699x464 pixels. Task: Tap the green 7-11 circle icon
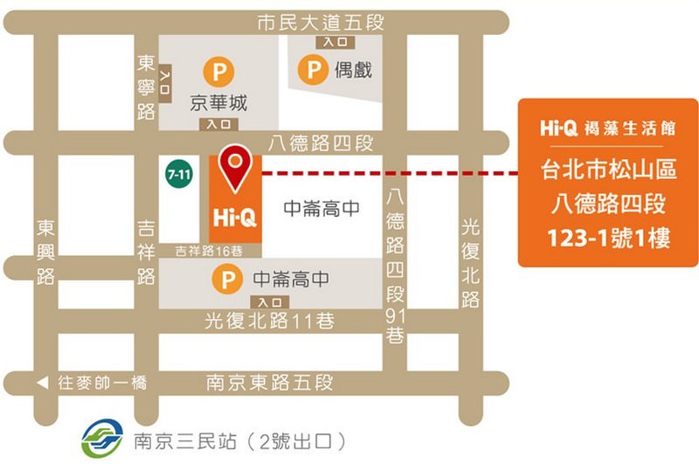179,175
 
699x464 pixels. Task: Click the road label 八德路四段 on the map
322,142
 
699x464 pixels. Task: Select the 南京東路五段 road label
269,383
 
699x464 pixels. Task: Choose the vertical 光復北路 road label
470,262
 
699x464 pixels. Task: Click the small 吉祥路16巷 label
210,251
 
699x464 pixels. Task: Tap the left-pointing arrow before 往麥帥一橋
42,383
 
